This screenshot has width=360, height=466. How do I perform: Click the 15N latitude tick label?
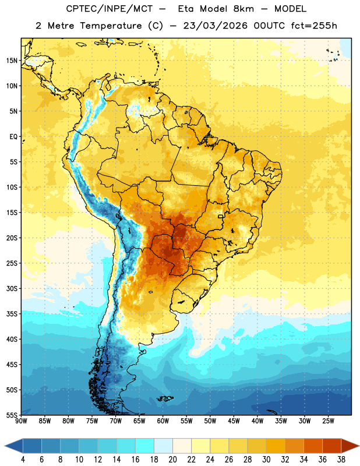pyautogui.click(x=12, y=61)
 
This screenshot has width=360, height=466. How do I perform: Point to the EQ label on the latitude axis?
pyautogui.click(x=13, y=137)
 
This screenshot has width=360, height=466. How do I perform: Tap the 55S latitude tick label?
pyautogui.click(x=12, y=415)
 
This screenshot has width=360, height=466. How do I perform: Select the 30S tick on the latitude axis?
pyautogui.click(x=12, y=288)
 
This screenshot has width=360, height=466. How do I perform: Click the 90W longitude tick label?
pyautogui.click(x=21, y=421)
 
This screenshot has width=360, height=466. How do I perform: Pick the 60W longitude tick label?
pyautogui.click(x=163, y=421)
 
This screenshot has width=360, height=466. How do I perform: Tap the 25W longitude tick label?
pyautogui.click(x=328, y=421)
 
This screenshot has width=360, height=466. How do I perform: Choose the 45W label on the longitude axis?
pyautogui.click(x=234, y=421)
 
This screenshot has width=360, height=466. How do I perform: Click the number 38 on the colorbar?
pyautogui.click(x=341, y=460)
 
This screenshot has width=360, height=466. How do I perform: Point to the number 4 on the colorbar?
pyautogui.click(x=23, y=460)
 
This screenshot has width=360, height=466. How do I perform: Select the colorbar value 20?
pyautogui.click(x=172, y=460)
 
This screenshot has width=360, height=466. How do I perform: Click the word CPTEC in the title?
pyautogui.click(x=80, y=9)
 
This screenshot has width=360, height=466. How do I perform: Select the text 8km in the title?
pyautogui.click(x=243, y=9)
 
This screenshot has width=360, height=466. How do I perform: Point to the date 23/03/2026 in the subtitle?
pyautogui.click(x=216, y=26)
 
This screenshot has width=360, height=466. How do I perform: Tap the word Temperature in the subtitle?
pyautogui.click(x=111, y=26)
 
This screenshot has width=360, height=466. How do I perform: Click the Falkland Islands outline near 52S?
pyautogui.click(x=165, y=398)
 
